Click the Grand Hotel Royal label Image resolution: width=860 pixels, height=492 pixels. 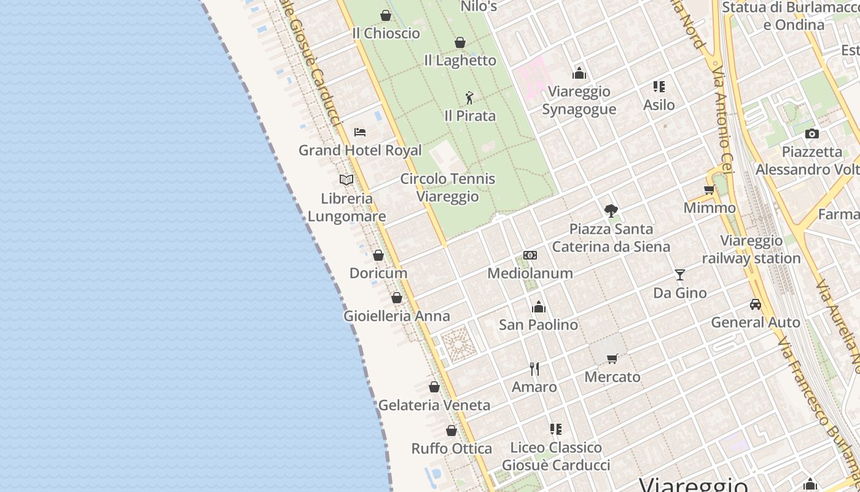pyautogui.click(x=360, y=150)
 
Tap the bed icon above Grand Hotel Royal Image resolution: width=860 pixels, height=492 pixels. pyautogui.click(x=360, y=132)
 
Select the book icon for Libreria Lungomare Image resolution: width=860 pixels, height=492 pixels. pyautogui.click(x=346, y=180)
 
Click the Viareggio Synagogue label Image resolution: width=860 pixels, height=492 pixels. pyautogui.click(x=579, y=100)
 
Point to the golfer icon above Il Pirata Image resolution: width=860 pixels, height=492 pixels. pyautogui.click(x=469, y=98)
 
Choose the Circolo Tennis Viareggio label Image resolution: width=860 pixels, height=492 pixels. pyautogui.click(x=447, y=188)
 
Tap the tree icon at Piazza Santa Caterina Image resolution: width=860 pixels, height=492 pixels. pyautogui.click(x=611, y=211)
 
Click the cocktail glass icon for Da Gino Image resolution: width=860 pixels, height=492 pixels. pyautogui.click(x=679, y=274)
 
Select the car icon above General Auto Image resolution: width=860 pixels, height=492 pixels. pyautogui.click(x=755, y=304)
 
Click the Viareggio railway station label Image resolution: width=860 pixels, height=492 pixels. pyautogui.click(x=751, y=249)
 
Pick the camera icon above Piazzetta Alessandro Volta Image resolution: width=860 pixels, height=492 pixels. pyautogui.click(x=811, y=133)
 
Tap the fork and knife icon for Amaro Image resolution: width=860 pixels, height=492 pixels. pyautogui.click(x=534, y=368)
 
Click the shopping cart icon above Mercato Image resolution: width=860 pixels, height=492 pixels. pyautogui.click(x=612, y=359)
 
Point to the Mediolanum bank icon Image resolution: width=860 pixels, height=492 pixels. pyautogui.click(x=530, y=255)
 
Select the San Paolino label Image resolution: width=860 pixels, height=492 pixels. pyautogui.click(x=538, y=325)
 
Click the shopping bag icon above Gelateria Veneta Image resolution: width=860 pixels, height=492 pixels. pyautogui.click(x=434, y=387)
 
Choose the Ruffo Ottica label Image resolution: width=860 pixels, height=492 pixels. pyautogui.click(x=451, y=448)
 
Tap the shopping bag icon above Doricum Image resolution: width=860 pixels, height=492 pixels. pyautogui.click(x=378, y=255)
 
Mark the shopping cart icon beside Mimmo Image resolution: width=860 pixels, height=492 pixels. pyautogui.click(x=709, y=189)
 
